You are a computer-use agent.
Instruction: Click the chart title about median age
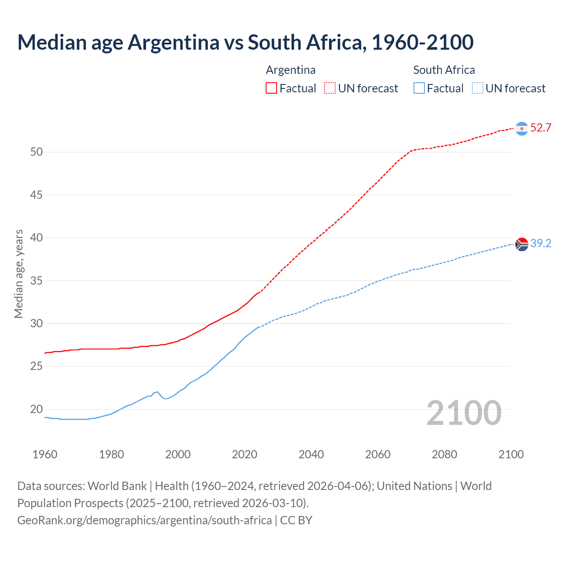point(245,43)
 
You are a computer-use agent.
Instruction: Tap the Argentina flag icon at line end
point(522,128)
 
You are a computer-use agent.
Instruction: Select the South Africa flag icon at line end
point(522,244)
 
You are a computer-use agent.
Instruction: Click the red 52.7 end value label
point(541,128)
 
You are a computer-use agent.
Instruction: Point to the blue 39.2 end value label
point(541,244)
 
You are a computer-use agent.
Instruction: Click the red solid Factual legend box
point(271,88)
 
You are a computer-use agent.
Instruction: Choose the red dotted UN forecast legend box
point(330,88)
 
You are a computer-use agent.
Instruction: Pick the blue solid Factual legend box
point(419,88)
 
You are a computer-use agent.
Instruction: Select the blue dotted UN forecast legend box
point(478,88)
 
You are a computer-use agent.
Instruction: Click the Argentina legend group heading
point(291,70)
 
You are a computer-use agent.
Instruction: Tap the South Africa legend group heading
point(444,70)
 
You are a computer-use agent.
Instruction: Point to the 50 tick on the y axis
point(37,152)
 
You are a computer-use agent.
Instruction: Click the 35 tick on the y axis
point(37,281)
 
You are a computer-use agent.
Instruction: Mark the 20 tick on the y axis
point(37,409)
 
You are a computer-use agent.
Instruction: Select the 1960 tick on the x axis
point(45,454)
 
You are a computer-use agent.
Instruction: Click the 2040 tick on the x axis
point(311,454)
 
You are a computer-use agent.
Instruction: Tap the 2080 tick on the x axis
point(444,454)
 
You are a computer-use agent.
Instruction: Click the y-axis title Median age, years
point(18,274)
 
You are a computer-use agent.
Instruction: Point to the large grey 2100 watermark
point(464,413)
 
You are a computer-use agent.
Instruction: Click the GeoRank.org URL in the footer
point(144,520)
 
